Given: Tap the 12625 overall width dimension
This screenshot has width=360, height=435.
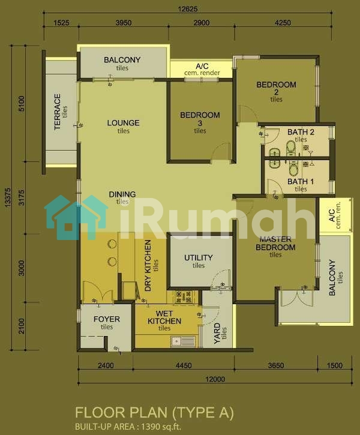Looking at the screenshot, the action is pos(188,9).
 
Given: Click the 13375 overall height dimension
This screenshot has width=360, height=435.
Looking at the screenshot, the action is pos(8,197).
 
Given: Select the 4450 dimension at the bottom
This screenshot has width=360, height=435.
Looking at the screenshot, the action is pos(184,365).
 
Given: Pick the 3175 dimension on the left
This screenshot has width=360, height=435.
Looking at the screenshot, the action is pos(22,197).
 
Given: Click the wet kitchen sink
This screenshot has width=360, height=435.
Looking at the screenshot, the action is pos(184,341).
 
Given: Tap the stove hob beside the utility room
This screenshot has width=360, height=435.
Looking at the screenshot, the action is pos(184,297).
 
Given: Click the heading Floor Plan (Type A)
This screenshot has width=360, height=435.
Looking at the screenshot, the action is pos(154,413).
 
